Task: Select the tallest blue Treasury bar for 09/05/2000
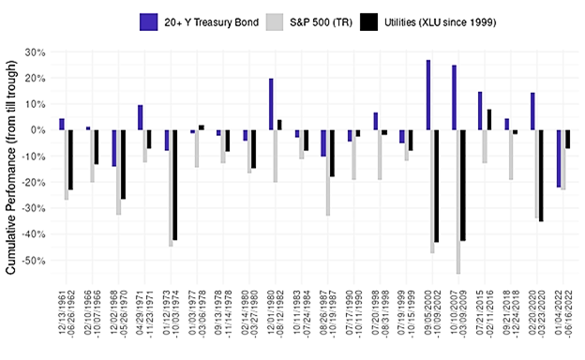point(428,95)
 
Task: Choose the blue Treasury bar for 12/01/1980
point(271,104)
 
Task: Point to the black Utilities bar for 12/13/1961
point(70,159)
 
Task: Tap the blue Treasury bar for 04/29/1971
point(140,117)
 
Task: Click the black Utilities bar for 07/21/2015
point(489,119)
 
